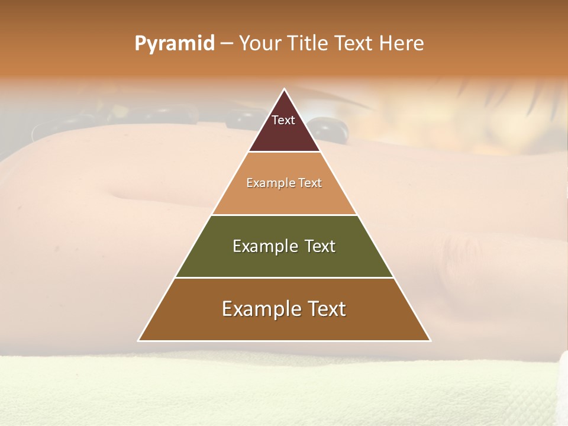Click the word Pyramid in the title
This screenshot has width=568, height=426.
coord(175,44)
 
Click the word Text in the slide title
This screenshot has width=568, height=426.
coord(354,43)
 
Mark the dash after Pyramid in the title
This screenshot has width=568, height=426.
coord(227,44)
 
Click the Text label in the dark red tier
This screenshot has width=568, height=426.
coord(283,120)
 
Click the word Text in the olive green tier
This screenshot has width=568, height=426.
coord(320,246)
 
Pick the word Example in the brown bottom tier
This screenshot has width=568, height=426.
coord(261,309)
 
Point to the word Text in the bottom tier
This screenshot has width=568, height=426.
coord(326,309)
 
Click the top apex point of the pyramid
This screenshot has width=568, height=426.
coord(284,89)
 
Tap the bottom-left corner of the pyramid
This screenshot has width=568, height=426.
coord(139,340)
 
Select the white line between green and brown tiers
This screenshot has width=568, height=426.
coord(284,277)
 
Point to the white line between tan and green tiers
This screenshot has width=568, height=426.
coord(284,215)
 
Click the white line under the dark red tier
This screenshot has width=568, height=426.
coord(284,152)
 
